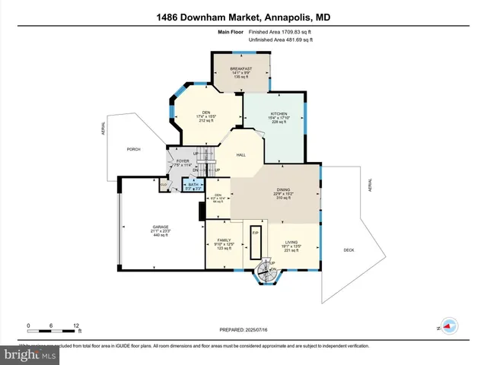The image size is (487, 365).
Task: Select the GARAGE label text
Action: point(161,227)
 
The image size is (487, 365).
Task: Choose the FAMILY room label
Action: point(224,240)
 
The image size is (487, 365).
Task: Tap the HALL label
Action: point(241,155)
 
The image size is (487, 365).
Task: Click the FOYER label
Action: point(183,161)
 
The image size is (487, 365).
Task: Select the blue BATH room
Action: point(193,185)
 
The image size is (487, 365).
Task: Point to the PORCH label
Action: point(135,149)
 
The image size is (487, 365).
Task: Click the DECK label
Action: point(349,249)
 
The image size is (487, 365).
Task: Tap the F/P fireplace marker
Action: point(256,232)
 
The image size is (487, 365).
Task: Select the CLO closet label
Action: point(164,183)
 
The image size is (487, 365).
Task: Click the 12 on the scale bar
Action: point(76,325)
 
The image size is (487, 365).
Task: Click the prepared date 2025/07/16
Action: point(258,329)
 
